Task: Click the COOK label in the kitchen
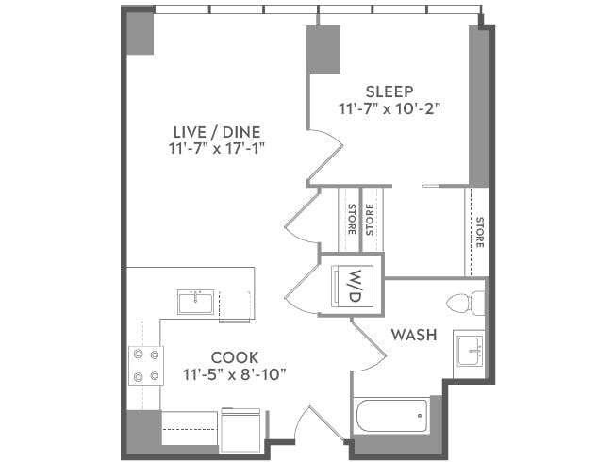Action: [x=234, y=357]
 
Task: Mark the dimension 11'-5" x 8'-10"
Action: [x=234, y=374]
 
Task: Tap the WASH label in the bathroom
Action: [x=413, y=335]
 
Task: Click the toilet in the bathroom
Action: [x=466, y=304]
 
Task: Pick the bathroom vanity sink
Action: [x=468, y=351]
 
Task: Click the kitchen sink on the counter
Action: [x=195, y=302]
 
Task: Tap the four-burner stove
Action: [x=145, y=366]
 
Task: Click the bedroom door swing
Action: [x=326, y=153]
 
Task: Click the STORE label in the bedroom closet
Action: [x=479, y=232]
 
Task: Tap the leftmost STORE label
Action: [x=351, y=219]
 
